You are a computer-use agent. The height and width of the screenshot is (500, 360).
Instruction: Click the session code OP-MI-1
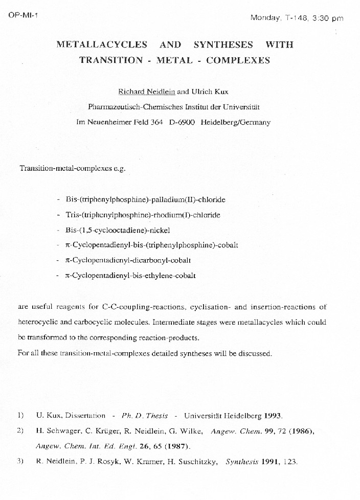click(x=23, y=14)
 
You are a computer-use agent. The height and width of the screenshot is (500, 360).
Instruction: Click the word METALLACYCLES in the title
click(x=102, y=45)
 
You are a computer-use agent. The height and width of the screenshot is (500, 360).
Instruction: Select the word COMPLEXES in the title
click(x=238, y=60)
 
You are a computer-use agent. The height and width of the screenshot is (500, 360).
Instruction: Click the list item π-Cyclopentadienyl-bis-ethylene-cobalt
click(x=130, y=276)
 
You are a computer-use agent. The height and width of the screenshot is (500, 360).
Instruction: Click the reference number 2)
click(x=20, y=430)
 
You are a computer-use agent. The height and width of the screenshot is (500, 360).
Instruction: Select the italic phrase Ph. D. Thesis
click(x=142, y=415)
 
